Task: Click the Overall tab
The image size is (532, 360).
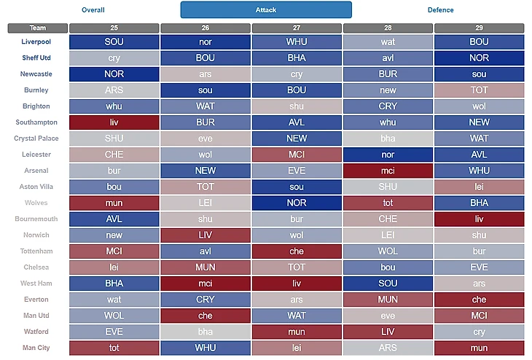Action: coord(93,10)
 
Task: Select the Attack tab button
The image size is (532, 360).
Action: coord(266,10)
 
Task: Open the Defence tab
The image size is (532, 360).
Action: coord(440,10)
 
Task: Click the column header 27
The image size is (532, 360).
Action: coord(297,28)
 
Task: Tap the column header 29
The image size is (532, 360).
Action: coord(479,28)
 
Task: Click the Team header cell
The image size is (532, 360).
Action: coord(38,28)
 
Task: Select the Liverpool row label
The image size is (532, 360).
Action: coord(36,42)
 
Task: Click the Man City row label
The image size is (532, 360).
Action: coord(36,348)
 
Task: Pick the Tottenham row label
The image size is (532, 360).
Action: coord(36,251)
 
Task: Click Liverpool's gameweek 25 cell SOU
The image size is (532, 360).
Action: coord(114,42)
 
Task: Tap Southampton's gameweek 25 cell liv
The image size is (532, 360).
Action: coord(114,122)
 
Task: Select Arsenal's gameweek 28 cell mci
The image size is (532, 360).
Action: coord(388,171)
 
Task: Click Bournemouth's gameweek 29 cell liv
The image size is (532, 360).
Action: coord(479,219)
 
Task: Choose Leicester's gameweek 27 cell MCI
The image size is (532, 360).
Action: coord(297,154)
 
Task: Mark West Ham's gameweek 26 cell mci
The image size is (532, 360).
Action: coord(206,283)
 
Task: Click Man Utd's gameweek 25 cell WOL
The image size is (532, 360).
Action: coord(114,316)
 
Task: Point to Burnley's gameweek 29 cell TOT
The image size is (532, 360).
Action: coord(479,90)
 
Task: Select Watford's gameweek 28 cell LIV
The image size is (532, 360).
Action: coord(388,332)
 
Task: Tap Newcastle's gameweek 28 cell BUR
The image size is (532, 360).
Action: coord(388,74)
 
